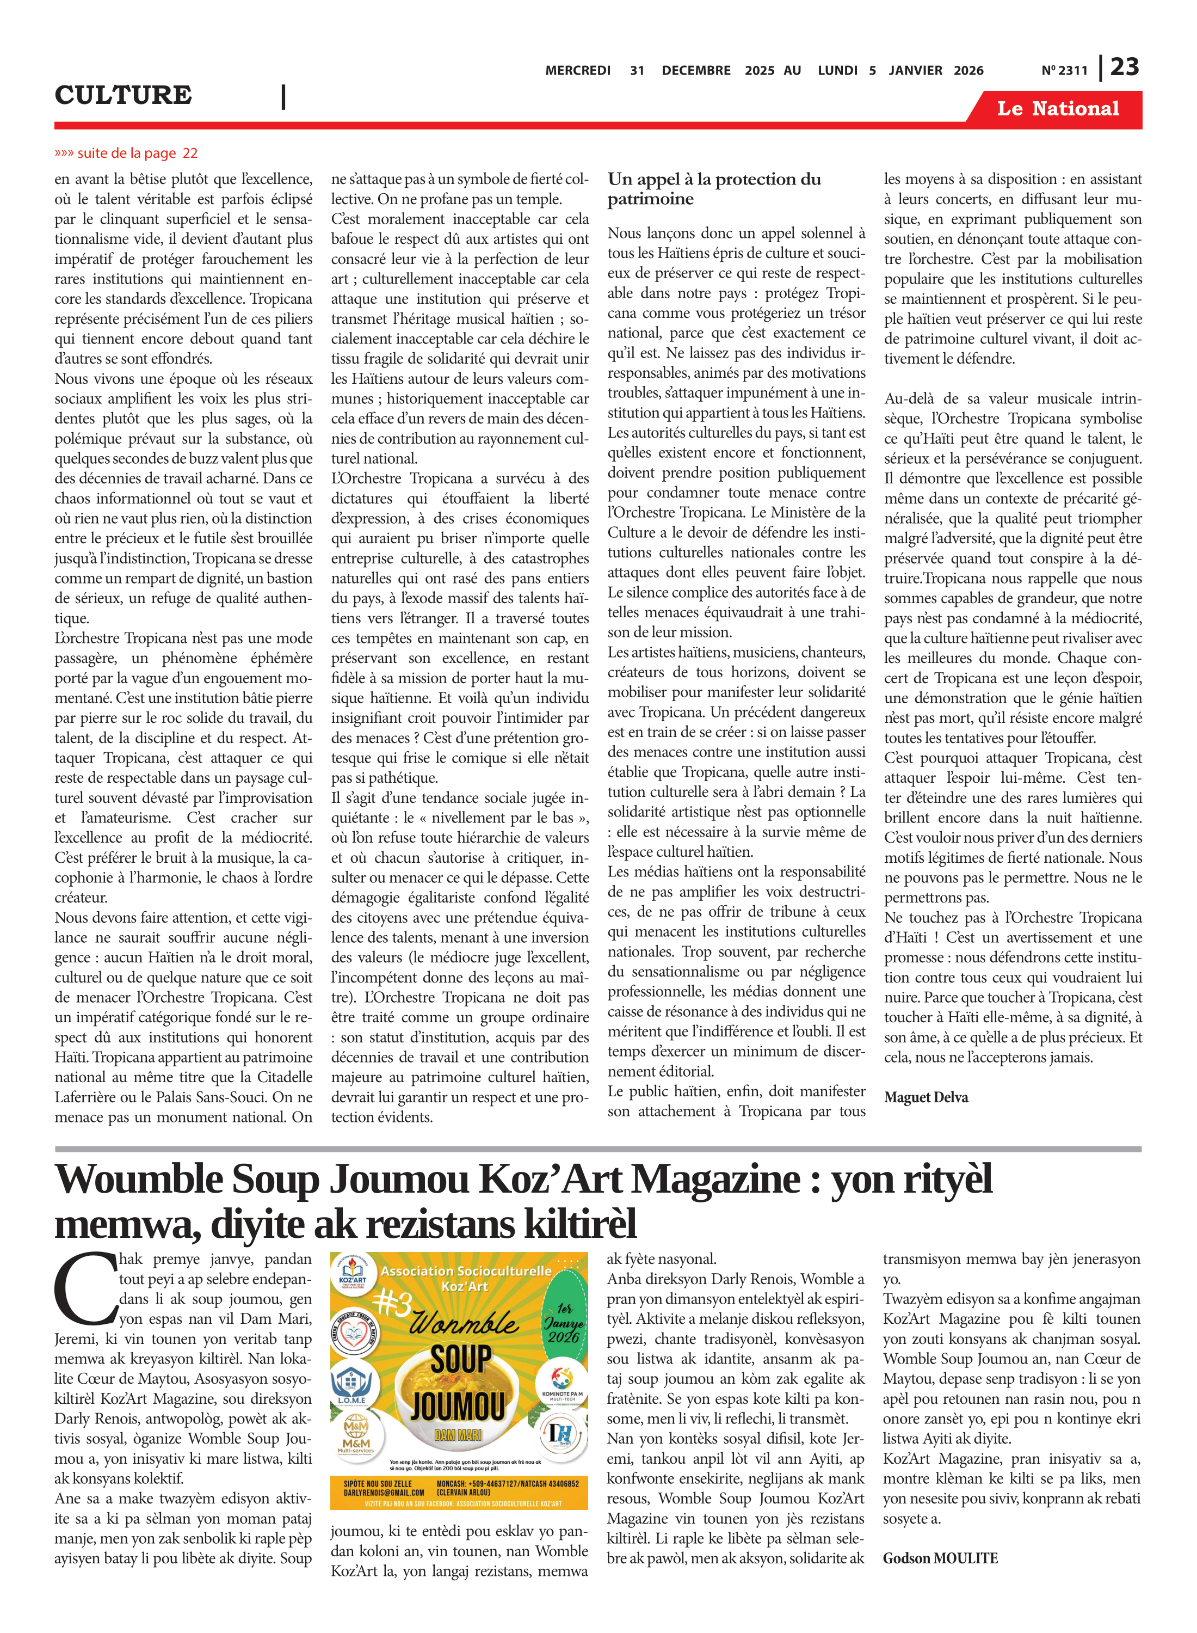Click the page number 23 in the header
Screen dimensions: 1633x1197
[1125, 67]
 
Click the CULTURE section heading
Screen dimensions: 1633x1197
[123, 95]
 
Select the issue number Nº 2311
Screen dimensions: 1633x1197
[1064, 70]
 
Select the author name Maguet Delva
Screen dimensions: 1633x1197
[925, 1097]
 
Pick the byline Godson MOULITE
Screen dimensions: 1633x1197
[940, 1558]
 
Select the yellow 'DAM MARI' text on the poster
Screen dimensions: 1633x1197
[458, 1434]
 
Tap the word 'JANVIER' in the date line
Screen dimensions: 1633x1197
[915, 70]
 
